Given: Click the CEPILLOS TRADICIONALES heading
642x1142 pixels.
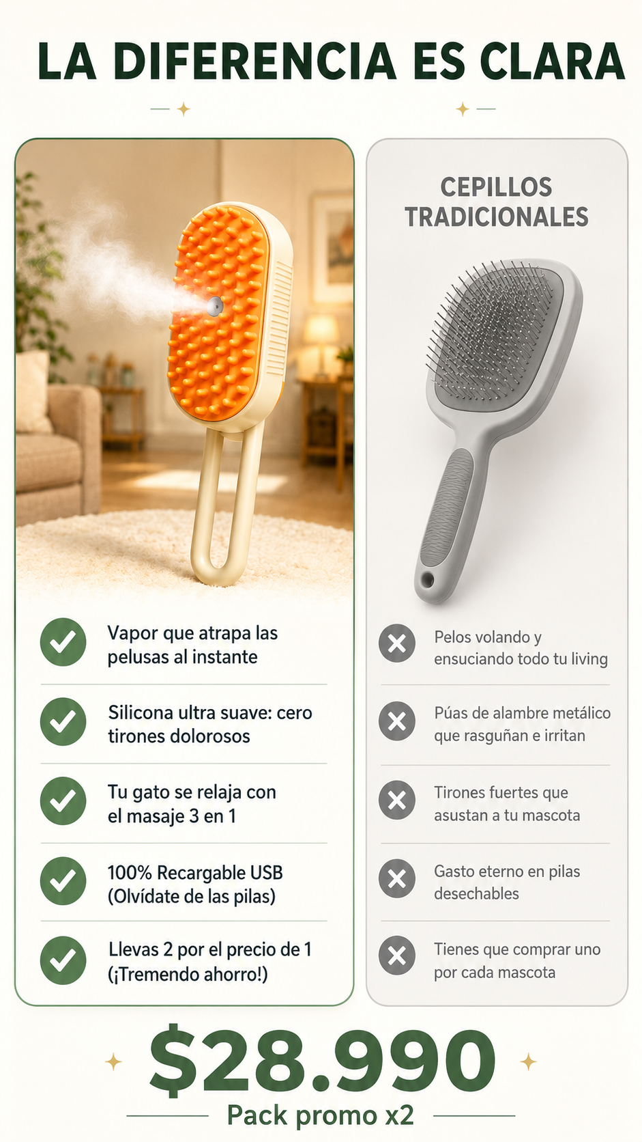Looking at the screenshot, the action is (x=497, y=202).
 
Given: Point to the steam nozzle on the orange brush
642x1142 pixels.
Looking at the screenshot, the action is (x=214, y=305).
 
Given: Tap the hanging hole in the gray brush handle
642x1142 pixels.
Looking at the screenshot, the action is (x=427, y=579).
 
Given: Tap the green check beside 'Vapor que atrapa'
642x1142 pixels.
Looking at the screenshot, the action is (x=63, y=642).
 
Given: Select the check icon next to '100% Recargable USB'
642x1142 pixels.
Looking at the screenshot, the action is (x=63, y=881).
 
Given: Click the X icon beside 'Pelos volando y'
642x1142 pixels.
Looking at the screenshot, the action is (x=397, y=643).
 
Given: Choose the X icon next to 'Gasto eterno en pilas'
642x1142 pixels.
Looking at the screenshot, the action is (x=397, y=878).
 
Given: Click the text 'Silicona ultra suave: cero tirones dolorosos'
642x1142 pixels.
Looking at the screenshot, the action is (x=209, y=724).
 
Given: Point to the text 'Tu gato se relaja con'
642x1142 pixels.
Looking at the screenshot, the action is (x=192, y=792).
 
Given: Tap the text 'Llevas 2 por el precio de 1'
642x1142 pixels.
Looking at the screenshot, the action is (x=209, y=949).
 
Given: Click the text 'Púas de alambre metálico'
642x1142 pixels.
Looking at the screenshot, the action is (x=523, y=713).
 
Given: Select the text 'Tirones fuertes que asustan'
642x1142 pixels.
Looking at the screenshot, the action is (x=507, y=803).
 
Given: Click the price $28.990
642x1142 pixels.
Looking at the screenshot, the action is (x=322, y=1061).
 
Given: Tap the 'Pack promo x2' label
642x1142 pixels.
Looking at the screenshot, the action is (x=320, y=1115).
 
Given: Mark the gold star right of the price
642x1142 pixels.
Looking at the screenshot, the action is (x=528, y=1062).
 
